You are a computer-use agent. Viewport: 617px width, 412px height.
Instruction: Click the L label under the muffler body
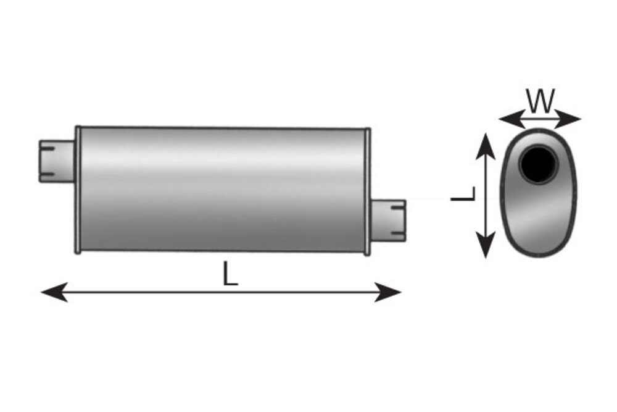(x=230, y=274)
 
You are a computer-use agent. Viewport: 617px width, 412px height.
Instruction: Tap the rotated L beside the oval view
(x=463, y=194)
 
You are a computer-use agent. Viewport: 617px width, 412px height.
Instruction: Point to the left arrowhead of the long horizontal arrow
(x=54, y=292)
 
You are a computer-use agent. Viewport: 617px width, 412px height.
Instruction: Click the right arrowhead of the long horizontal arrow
(x=387, y=292)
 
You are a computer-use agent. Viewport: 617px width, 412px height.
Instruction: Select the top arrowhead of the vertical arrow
(x=486, y=146)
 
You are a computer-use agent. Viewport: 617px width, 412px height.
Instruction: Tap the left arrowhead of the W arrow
(x=512, y=119)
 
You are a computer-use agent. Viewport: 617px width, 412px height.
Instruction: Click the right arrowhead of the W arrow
(x=568, y=119)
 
